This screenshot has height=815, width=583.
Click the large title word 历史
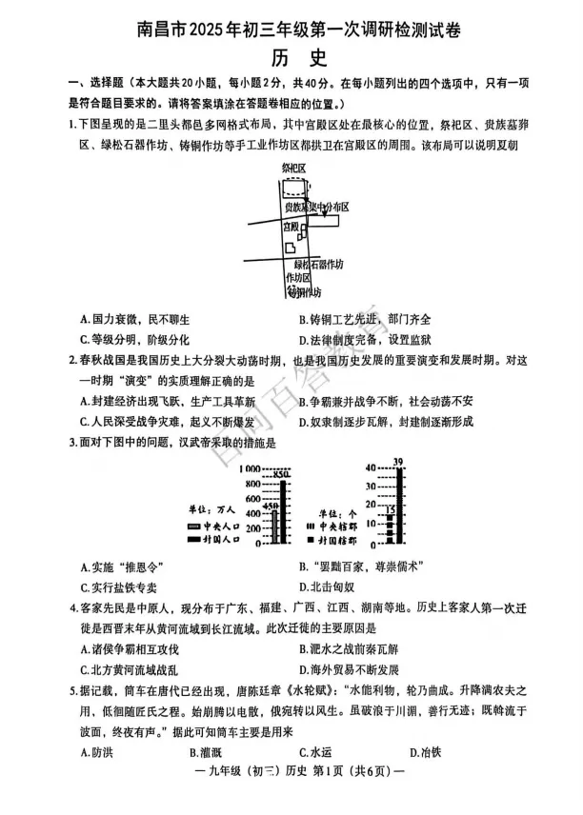tap(291, 59)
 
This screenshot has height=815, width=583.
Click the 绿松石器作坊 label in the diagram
tap(317, 264)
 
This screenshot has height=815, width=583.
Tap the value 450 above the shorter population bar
tap(271, 507)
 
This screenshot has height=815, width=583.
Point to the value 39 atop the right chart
tap(397, 463)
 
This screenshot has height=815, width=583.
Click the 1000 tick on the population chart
tap(250, 469)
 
